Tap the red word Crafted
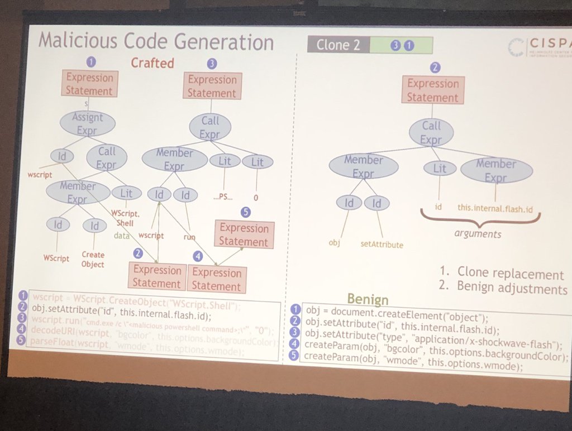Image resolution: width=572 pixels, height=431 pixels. [x=152, y=63]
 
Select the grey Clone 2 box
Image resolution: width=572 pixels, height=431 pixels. [x=339, y=45]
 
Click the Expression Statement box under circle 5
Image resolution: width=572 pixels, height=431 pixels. [x=244, y=234]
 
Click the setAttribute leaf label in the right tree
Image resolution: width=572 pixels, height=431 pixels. [x=382, y=244]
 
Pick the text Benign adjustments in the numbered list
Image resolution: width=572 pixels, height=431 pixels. [x=512, y=288]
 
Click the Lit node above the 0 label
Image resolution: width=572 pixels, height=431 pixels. [x=257, y=162]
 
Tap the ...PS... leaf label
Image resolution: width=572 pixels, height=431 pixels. [x=224, y=197]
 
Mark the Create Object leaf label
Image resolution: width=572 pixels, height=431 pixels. [x=93, y=259]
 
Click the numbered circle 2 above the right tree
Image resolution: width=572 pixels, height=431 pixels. [x=435, y=68]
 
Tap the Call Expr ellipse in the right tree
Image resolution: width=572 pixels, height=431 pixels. [x=431, y=132]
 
